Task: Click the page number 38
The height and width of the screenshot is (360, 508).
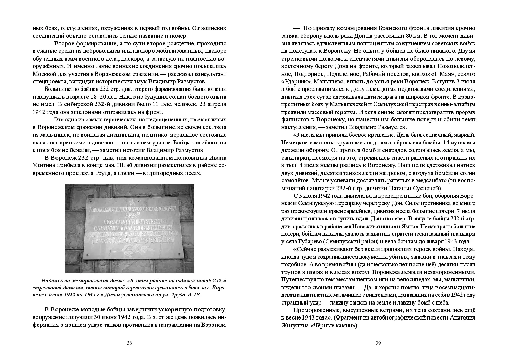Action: [129, 343]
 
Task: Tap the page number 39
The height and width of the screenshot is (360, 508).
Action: [378, 343]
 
